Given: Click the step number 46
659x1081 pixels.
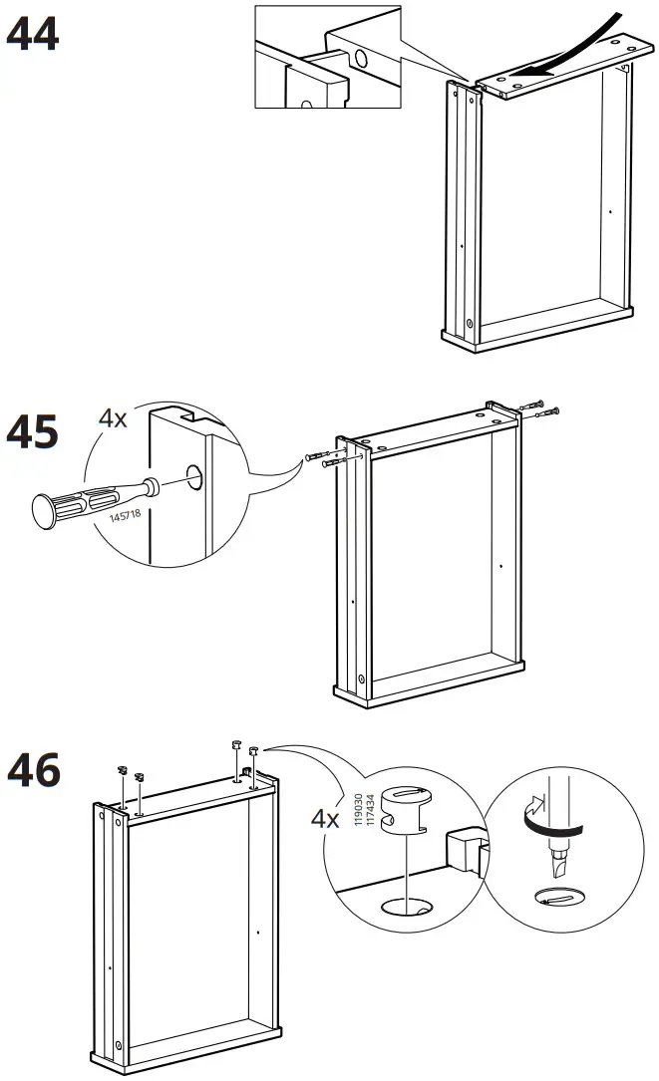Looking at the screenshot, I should tap(33, 770).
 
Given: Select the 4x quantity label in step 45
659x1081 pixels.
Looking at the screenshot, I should tap(113, 418).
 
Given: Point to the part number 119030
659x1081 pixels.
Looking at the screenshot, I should tap(355, 806).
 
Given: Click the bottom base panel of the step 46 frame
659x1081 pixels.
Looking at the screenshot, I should tap(189, 1059).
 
